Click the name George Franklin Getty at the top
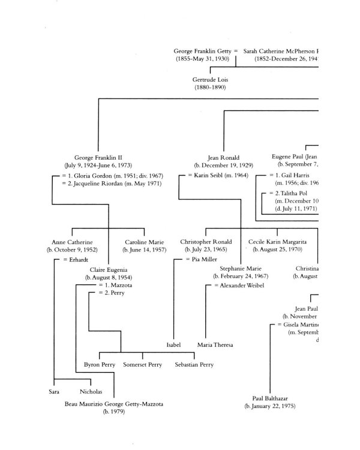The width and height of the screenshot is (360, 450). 202,52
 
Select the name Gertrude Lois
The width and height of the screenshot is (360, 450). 210,79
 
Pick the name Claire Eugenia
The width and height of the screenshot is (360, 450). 109,270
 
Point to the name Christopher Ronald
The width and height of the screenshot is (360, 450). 206,241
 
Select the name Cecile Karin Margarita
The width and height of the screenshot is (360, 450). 282,241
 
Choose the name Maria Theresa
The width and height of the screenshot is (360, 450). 215,345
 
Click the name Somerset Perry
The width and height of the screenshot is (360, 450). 143,364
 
